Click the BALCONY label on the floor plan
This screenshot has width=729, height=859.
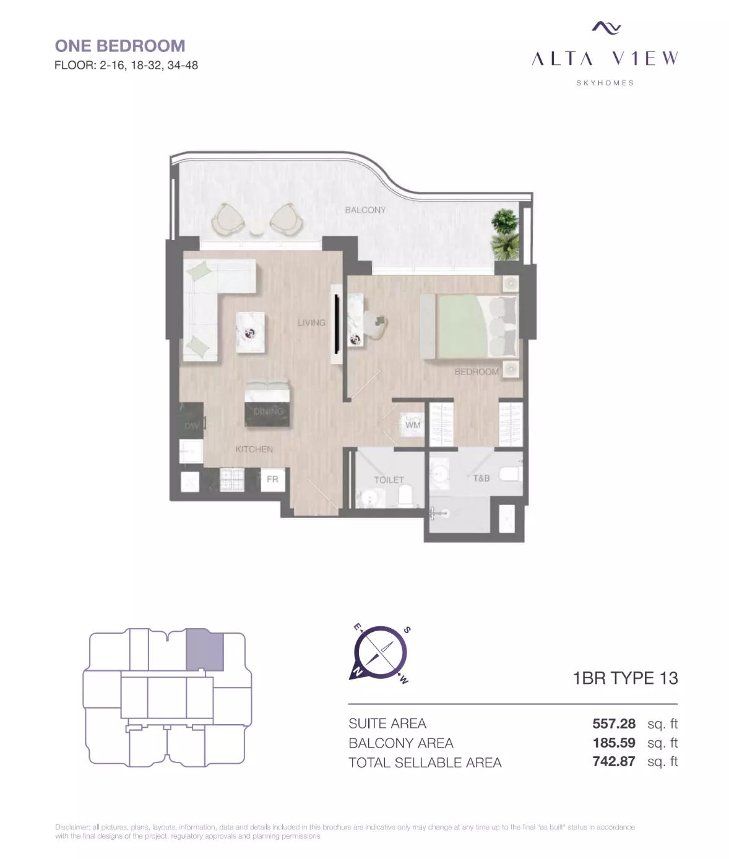(365, 210)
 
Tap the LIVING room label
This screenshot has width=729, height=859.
(311, 322)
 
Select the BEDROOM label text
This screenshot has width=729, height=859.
(477, 371)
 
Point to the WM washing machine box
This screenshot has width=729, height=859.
(412, 425)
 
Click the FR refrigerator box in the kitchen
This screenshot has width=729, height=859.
(273, 479)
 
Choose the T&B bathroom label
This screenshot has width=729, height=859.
(481, 478)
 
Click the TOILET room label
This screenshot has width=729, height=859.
(389, 480)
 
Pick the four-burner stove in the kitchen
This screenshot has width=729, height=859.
(231, 480)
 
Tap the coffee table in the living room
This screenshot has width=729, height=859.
(250, 332)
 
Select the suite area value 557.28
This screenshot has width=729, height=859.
(614, 723)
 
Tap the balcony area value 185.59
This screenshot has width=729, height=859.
(614, 743)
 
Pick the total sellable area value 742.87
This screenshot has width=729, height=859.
(614, 761)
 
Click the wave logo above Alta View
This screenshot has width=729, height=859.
(606, 27)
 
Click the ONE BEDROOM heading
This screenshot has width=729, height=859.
(120, 46)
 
